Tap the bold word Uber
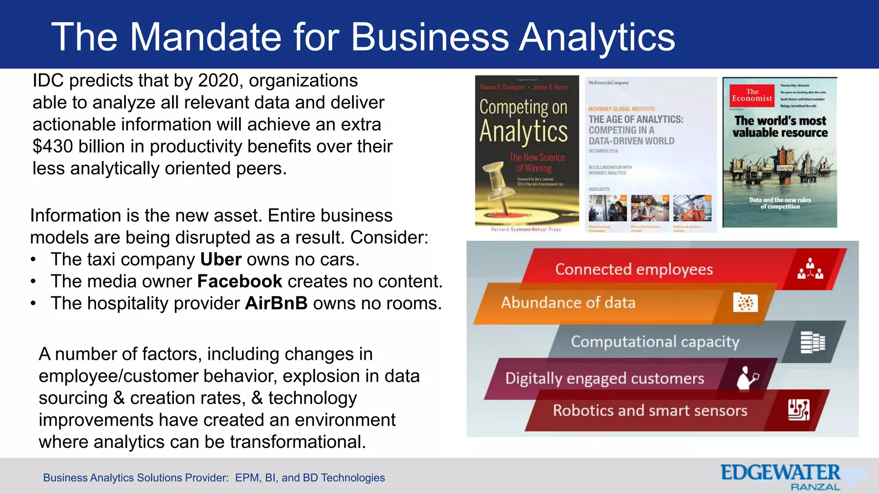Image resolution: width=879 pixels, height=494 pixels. pyautogui.click(x=221, y=260)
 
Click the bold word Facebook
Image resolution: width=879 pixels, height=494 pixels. pyautogui.click(x=239, y=282)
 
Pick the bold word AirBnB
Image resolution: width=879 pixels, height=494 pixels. pyautogui.click(x=276, y=304)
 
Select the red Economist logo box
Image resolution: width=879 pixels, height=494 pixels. pyautogui.click(x=752, y=95)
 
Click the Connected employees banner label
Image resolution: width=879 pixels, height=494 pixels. pyautogui.click(x=633, y=269)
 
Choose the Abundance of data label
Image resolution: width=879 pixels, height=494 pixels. pyautogui.click(x=568, y=303)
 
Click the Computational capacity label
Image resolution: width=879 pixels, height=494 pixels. pyautogui.click(x=655, y=342)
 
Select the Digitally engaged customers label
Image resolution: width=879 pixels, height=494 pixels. pyautogui.click(x=604, y=379)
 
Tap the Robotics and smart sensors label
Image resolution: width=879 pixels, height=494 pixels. pyautogui.click(x=650, y=411)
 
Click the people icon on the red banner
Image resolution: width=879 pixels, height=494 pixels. pyautogui.click(x=810, y=269)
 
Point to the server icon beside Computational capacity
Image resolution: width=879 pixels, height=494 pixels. pyautogui.click(x=812, y=342)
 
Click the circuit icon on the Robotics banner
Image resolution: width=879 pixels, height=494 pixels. pyautogui.click(x=798, y=410)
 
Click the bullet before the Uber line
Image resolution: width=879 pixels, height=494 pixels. pyautogui.click(x=33, y=260)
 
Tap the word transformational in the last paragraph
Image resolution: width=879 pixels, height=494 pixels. pyautogui.click(x=298, y=442)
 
